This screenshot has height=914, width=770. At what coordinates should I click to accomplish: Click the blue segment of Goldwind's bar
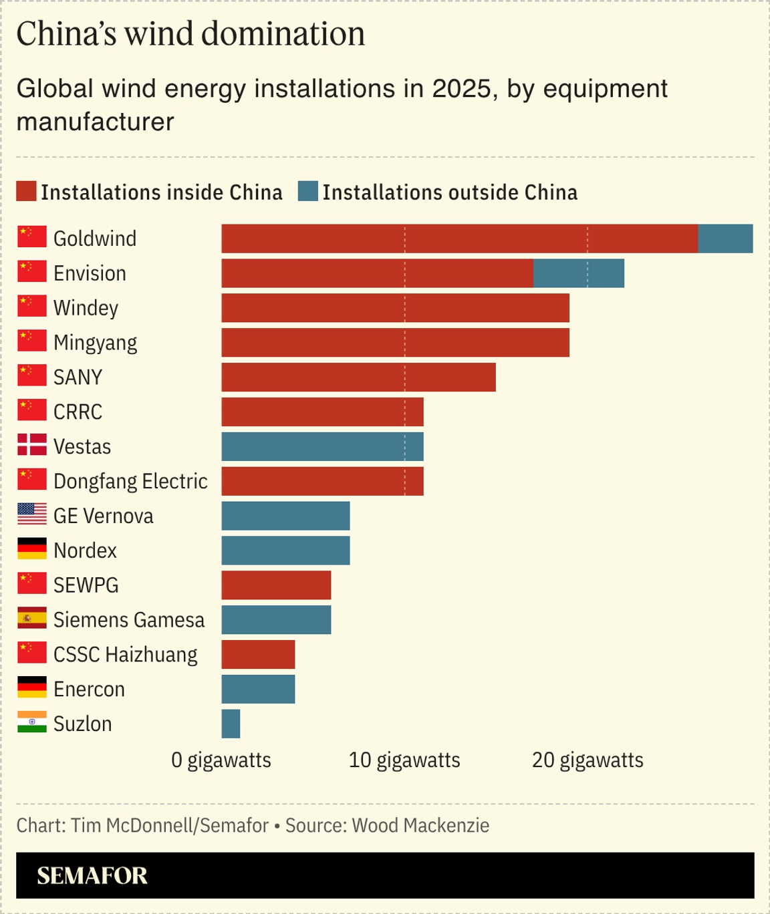(725, 239)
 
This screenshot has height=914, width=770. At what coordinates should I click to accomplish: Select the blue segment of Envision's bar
(579, 273)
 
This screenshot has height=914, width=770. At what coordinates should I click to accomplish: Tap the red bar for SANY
(358, 377)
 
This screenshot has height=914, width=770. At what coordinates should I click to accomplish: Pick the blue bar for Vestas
(322, 446)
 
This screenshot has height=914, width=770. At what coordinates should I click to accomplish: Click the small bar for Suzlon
(231, 724)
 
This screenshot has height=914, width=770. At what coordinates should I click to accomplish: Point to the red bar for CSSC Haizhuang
(258, 655)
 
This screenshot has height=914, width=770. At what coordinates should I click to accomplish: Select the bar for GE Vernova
(285, 516)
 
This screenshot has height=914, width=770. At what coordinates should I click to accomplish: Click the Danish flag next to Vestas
(32, 445)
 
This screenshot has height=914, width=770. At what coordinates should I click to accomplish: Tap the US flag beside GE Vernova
(32, 514)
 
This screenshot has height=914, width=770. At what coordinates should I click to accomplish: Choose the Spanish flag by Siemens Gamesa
(32, 618)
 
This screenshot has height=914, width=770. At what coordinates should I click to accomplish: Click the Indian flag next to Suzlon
(32, 722)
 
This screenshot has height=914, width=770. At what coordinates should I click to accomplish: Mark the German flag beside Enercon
(32, 687)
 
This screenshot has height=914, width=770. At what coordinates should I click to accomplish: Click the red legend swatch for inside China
(26, 191)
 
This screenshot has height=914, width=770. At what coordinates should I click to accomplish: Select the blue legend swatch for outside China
(308, 191)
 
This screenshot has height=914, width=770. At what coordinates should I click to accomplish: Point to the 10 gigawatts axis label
(404, 760)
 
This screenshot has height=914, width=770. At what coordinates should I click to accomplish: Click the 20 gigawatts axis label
(588, 760)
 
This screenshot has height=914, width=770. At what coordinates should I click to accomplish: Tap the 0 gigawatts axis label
(221, 760)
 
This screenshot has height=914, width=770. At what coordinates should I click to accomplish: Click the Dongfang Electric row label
(130, 481)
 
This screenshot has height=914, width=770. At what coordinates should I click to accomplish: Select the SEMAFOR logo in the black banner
(92, 876)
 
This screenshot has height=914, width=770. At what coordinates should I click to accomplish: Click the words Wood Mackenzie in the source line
(420, 826)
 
